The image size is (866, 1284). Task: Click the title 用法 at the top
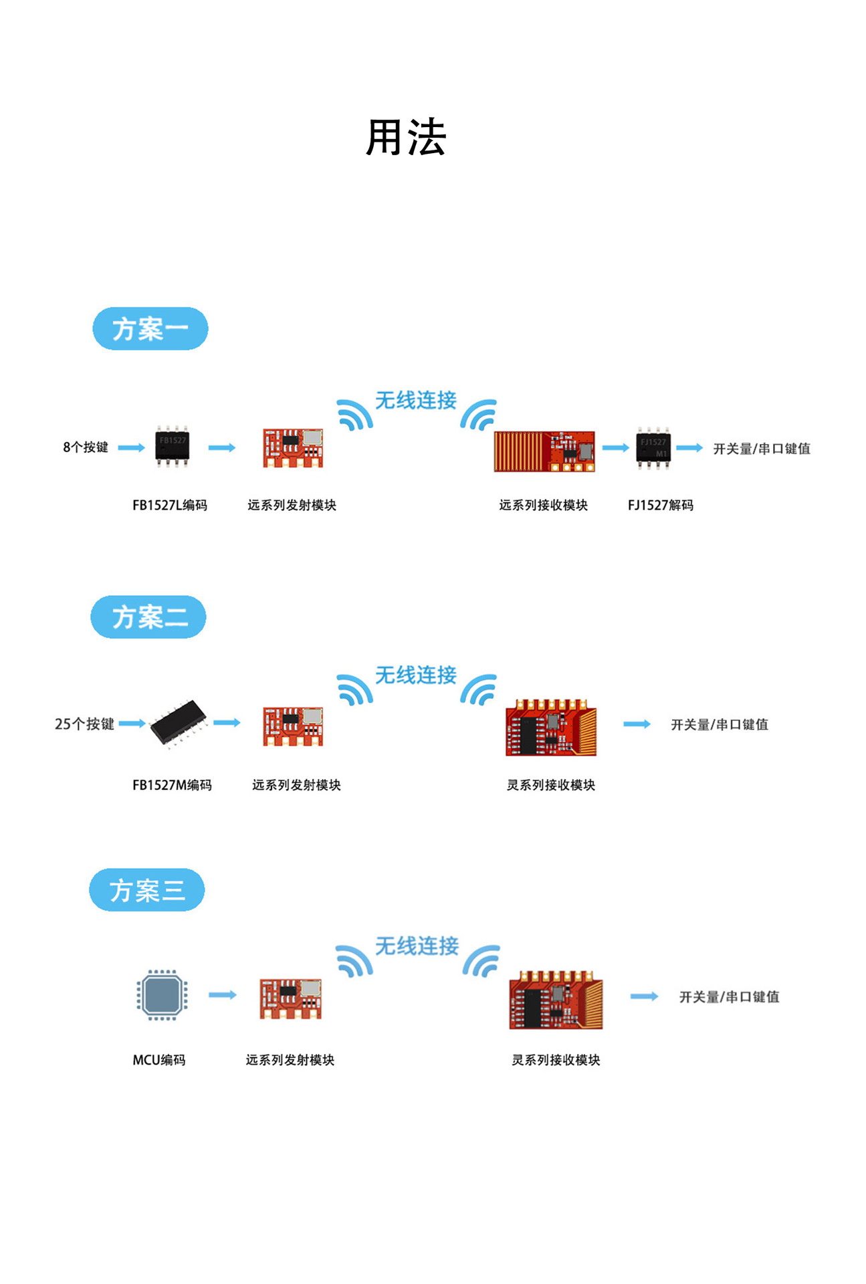pyautogui.click(x=406, y=138)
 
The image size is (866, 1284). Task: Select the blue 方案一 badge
pyautogui.click(x=150, y=329)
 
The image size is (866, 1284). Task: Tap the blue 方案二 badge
pyautogui.click(x=148, y=617)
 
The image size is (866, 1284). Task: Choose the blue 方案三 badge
pyautogui.click(x=147, y=890)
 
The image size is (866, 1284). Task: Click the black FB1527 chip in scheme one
pyautogui.click(x=173, y=445)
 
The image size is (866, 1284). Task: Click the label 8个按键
pyautogui.click(x=86, y=447)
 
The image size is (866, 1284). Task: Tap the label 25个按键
pyautogui.click(x=84, y=724)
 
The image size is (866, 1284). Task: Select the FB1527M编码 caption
pyautogui.click(x=172, y=785)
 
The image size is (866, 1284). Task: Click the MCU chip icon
pyautogui.click(x=162, y=995)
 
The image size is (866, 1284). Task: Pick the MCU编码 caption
pyautogui.click(x=159, y=1060)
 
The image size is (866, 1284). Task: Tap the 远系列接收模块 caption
pyautogui.click(x=543, y=506)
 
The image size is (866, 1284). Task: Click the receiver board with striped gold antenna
pyautogui.click(x=544, y=451)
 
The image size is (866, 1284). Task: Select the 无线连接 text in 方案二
pyautogui.click(x=415, y=675)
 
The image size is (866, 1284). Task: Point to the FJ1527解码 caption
pyautogui.click(x=660, y=506)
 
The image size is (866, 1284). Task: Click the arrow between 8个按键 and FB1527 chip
pyautogui.click(x=131, y=448)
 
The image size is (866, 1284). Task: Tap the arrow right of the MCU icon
pyautogui.click(x=223, y=995)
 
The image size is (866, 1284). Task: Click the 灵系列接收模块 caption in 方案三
pyautogui.click(x=556, y=1060)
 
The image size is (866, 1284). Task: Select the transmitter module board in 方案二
pyautogui.click(x=293, y=726)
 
